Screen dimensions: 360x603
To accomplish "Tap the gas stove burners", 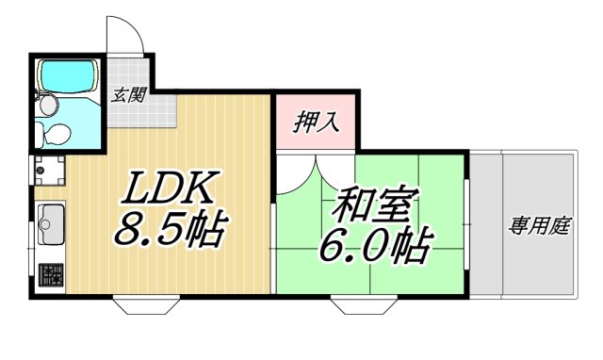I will [x=50, y=276].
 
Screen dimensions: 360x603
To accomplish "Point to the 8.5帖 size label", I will [x=171, y=229].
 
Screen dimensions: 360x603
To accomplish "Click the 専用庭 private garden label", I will [x=540, y=226].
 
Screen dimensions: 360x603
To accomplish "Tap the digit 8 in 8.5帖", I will [x=128, y=230].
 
